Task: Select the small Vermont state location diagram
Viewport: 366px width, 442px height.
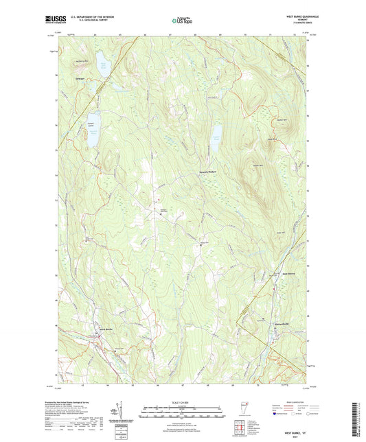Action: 240,420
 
